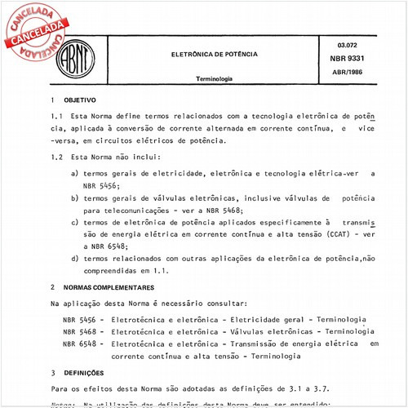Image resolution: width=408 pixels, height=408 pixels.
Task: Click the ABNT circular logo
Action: coord(76,59)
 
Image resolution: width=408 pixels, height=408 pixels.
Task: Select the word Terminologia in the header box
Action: coord(214,80)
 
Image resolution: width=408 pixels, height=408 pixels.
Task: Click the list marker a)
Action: coord(75,174)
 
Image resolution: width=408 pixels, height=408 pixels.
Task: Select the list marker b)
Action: coord(75,198)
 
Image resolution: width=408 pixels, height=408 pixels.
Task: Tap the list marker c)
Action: coord(75,221)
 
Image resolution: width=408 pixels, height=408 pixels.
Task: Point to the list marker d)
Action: coord(75,257)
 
